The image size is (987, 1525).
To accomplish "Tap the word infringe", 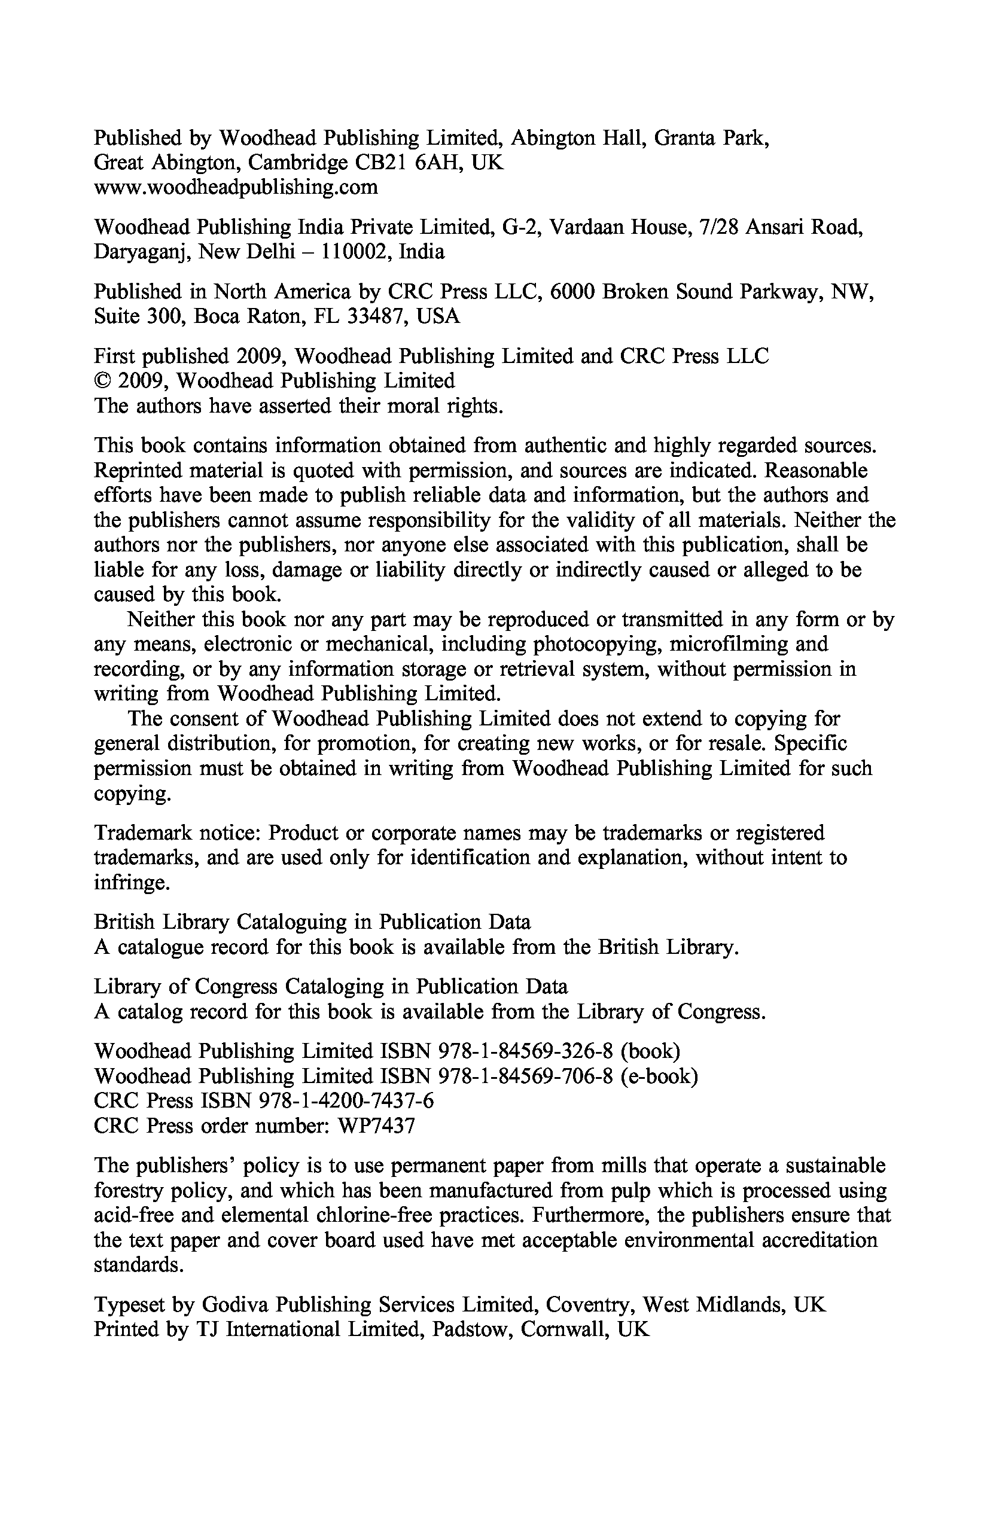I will coord(132,884).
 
